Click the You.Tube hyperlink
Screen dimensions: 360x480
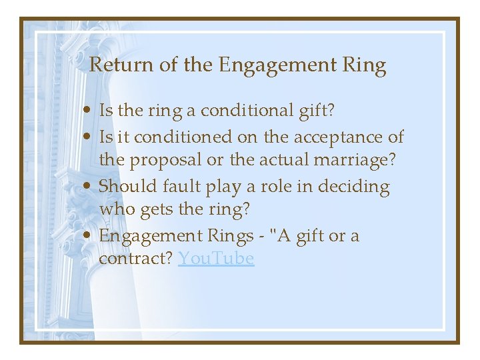coord(216,259)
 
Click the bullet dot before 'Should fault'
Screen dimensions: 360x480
coord(89,187)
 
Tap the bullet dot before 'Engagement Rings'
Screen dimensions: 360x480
coord(89,236)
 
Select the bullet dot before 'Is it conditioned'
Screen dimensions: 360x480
coord(89,137)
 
